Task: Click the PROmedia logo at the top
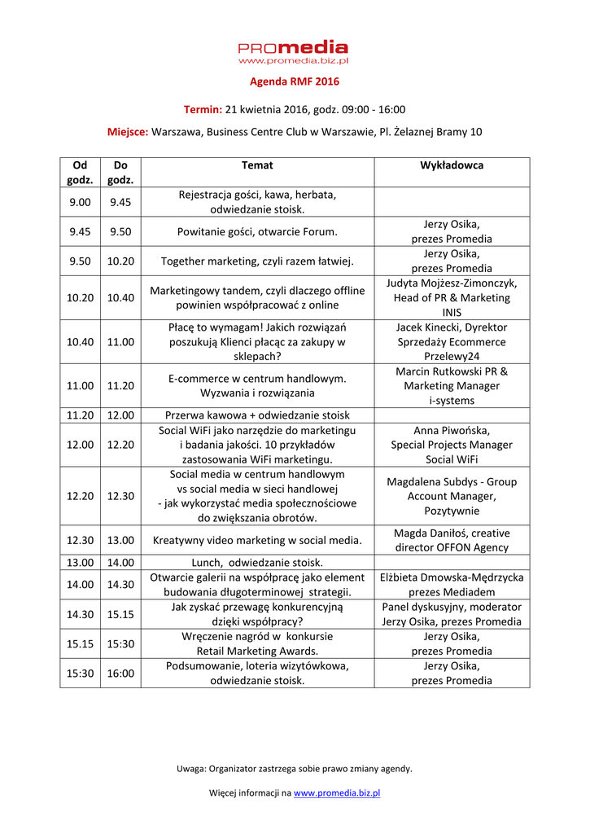pos(294,52)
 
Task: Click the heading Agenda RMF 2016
pos(294,81)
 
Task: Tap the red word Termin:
pos(203,110)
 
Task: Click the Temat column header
pos(257,165)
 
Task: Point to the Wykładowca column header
pos(451,165)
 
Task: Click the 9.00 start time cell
pos(80,202)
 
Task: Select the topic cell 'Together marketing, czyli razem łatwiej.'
pos(257,261)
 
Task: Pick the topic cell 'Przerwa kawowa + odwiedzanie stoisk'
pos(257,415)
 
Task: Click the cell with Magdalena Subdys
pos(451,496)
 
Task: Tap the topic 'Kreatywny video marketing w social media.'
pos(257,540)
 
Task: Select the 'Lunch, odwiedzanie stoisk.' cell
pos(257,562)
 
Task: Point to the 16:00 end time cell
pos(120,674)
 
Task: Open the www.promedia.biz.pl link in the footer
pos(337,792)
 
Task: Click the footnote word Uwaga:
pos(191,768)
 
